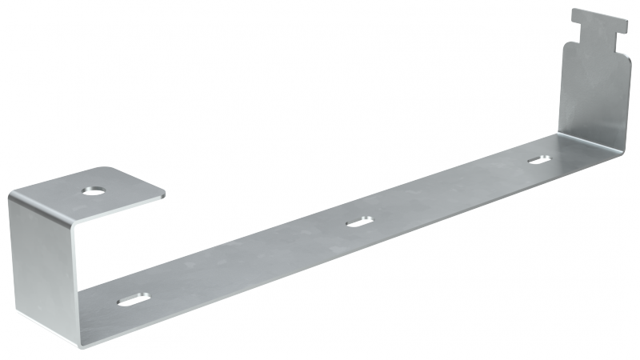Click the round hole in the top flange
(94, 190)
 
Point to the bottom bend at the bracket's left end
(80, 340)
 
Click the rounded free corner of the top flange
(160, 190)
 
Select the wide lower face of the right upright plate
(596, 96)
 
